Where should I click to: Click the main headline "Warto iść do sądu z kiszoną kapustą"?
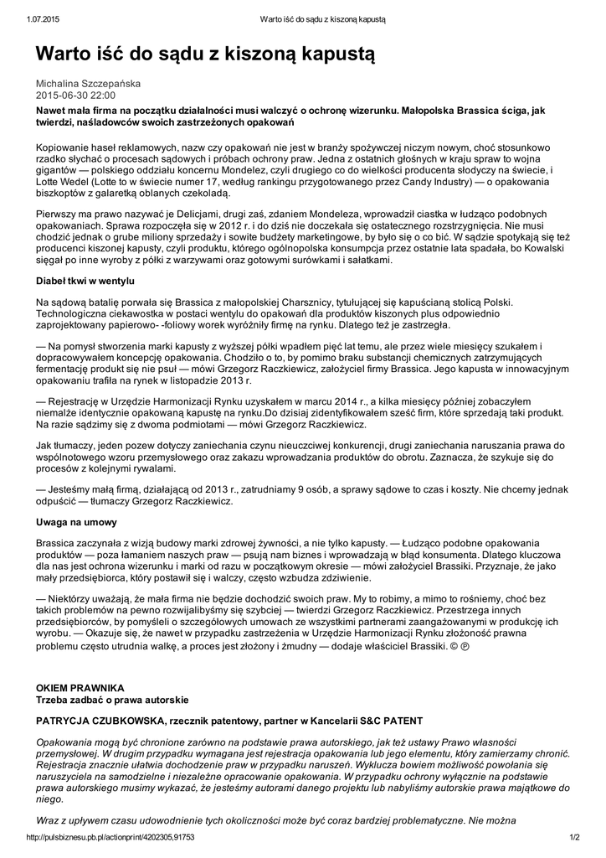(x=205, y=55)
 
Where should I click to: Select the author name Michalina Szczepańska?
(x=88, y=84)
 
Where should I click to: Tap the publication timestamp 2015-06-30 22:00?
(x=75, y=96)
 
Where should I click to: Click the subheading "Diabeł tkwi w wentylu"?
(x=85, y=281)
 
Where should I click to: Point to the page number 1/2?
(x=575, y=837)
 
